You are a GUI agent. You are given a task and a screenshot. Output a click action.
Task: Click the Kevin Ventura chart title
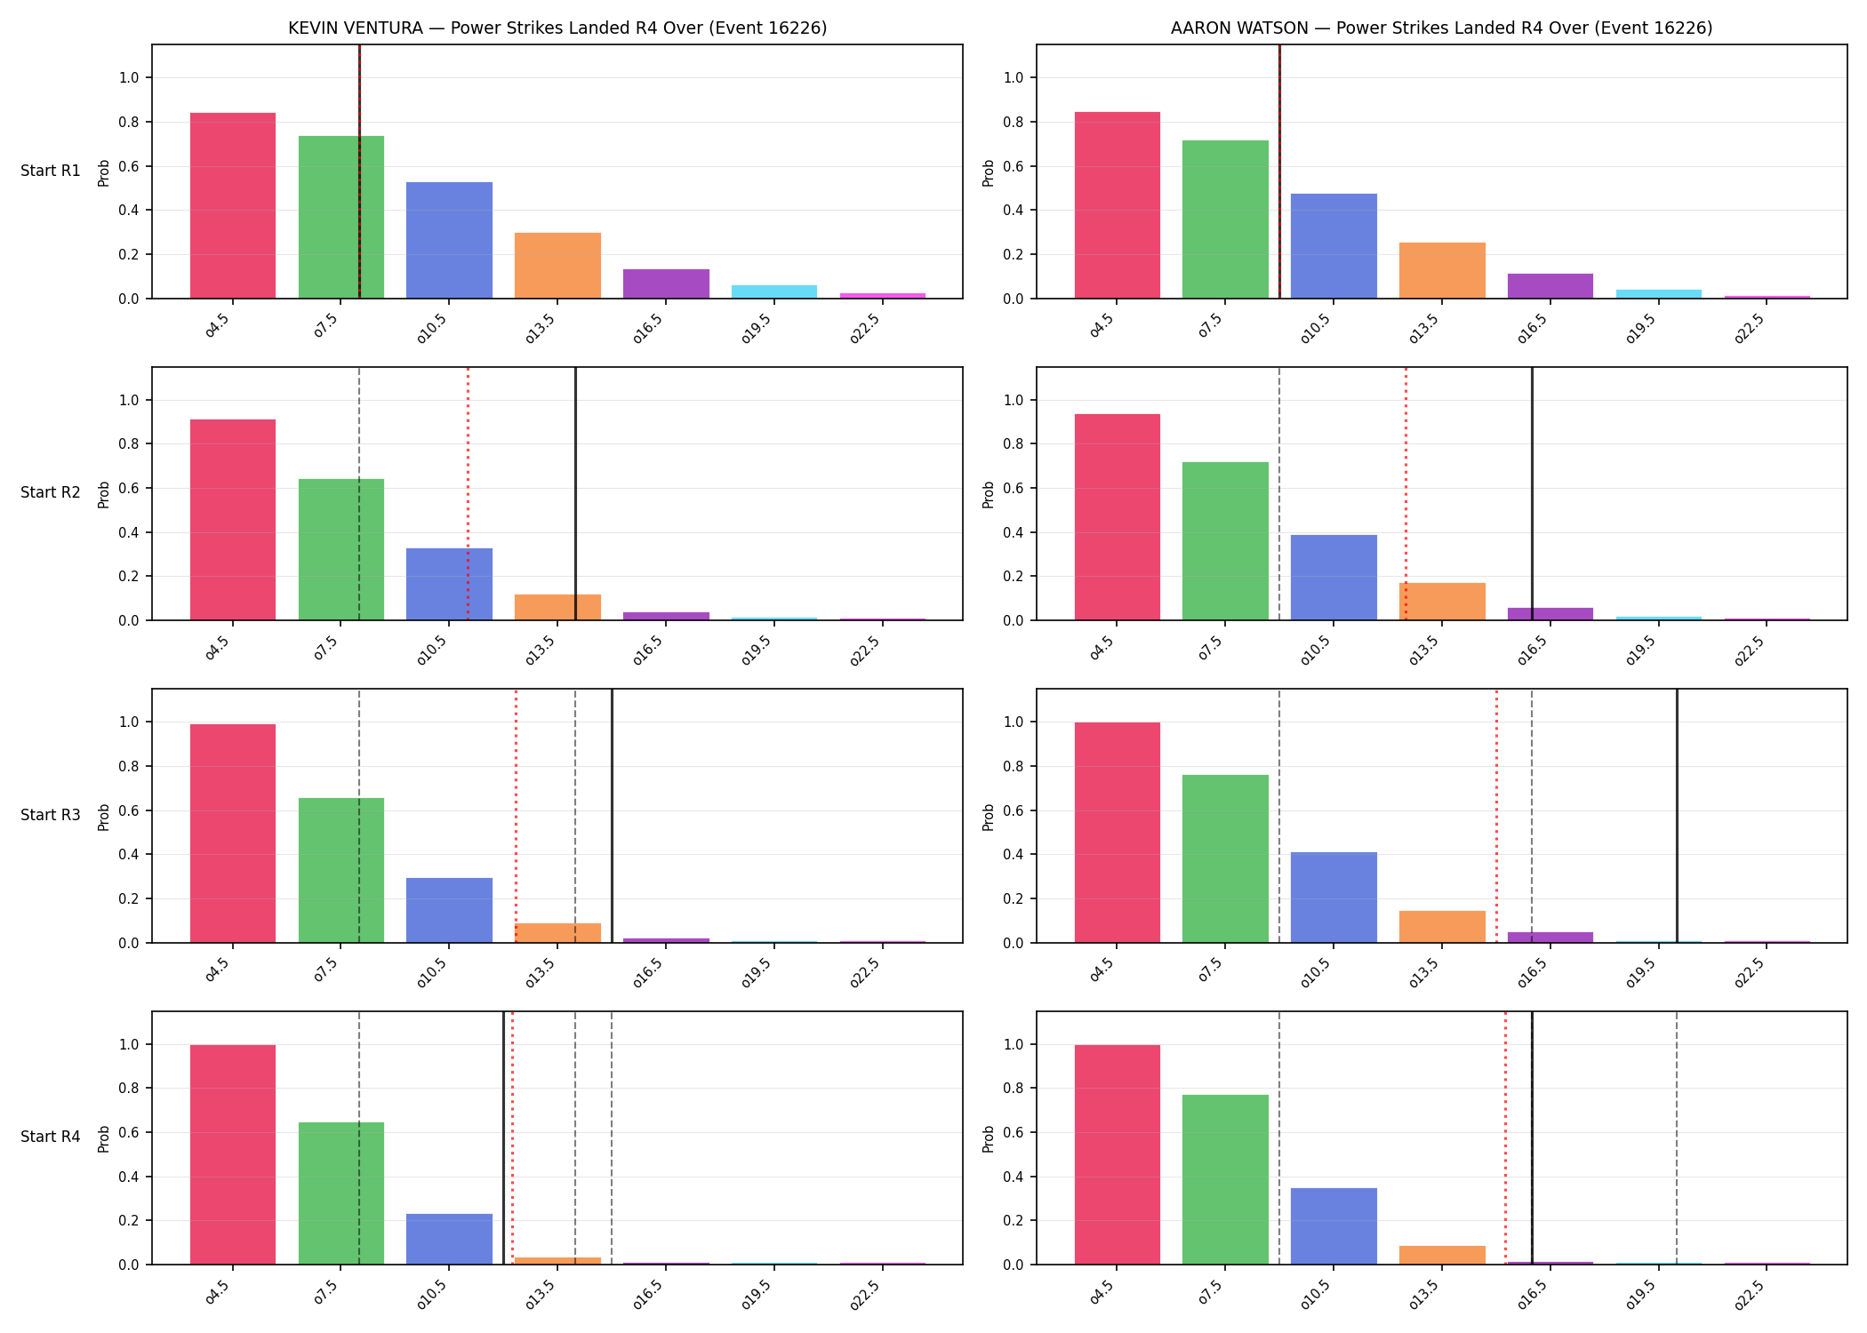coord(557,28)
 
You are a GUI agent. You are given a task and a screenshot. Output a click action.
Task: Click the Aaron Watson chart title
coord(1441,28)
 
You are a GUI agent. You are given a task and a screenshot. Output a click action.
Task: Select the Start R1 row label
coord(51,171)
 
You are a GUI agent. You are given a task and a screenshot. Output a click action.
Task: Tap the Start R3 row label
coord(51,815)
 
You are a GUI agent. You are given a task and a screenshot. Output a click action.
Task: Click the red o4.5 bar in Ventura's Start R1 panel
coord(233,205)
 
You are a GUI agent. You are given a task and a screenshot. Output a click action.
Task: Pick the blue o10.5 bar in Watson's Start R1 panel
coord(1334,246)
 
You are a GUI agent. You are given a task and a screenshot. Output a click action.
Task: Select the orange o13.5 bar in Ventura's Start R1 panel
coord(557,266)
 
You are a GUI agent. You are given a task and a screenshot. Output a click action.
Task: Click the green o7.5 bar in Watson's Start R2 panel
coord(1225,541)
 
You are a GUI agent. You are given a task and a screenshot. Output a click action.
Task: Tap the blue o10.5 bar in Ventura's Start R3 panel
coord(449,910)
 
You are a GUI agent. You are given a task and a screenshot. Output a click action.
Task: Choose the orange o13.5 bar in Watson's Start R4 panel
coord(1442,1255)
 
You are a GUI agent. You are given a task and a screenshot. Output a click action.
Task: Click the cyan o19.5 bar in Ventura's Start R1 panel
coord(774,291)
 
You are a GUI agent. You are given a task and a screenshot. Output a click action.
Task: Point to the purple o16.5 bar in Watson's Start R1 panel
coord(1550,286)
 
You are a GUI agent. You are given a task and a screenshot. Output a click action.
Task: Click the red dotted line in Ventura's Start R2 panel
coord(469,493)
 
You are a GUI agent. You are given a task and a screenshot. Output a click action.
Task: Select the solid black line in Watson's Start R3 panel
coord(1677,816)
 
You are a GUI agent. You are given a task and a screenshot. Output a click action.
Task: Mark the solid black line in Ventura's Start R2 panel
coord(575,493)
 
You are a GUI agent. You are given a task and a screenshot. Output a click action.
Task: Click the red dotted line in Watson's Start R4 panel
coord(1505,1137)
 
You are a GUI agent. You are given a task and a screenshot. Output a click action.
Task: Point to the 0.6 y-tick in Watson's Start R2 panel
coord(1014,488)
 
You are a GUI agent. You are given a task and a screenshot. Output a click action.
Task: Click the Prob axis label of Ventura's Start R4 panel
coord(104,1138)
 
